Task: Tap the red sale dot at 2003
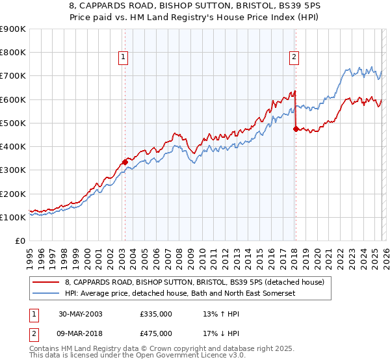[x=125, y=162]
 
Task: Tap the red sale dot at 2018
[x=295, y=129]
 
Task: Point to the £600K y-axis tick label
[x=13, y=99]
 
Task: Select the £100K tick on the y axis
[x=13, y=217]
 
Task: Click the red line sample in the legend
[x=45, y=281]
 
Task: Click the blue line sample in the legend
[x=45, y=294]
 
